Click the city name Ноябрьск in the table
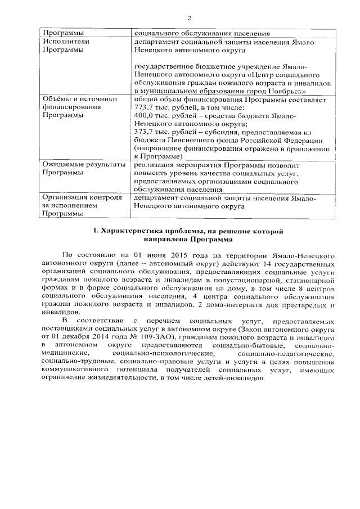287,90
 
